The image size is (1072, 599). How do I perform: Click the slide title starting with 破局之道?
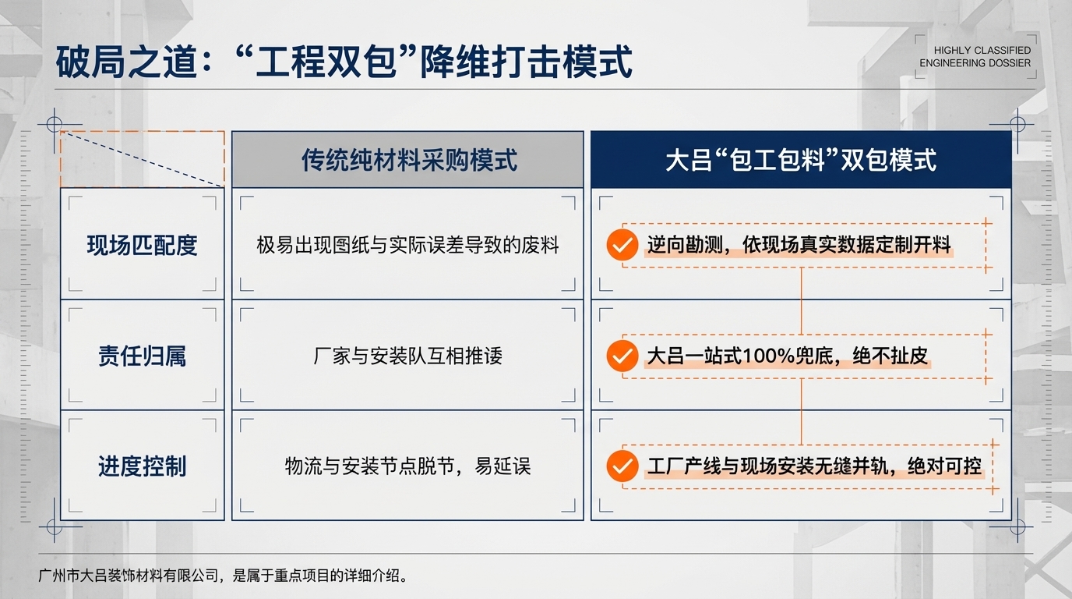pyautogui.click(x=343, y=62)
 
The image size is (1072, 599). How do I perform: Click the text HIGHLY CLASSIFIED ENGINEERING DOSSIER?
pyautogui.click(x=975, y=57)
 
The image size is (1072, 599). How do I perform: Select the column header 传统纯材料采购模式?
pyautogui.click(x=409, y=160)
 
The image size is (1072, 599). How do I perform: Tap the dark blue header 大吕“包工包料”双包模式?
pyautogui.click(x=801, y=160)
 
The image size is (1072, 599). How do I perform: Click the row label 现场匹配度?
pyautogui.click(x=142, y=245)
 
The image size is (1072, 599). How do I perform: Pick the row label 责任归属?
pyautogui.click(x=142, y=356)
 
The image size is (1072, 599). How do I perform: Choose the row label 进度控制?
pyautogui.click(x=142, y=466)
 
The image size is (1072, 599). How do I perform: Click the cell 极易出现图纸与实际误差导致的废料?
pyautogui.click(x=407, y=245)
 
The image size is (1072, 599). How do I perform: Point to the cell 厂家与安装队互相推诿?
pyautogui.click(x=407, y=356)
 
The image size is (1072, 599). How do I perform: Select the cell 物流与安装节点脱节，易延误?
pyautogui.click(x=407, y=466)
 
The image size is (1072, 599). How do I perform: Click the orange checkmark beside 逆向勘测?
pyautogui.click(x=621, y=245)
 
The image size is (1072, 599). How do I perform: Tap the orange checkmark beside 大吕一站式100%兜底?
pyautogui.click(x=621, y=356)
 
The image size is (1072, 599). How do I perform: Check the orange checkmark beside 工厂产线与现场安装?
pyautogui.click(x=621, y=466)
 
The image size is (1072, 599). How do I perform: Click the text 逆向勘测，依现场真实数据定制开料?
pyautogui.click(x=799, y=245)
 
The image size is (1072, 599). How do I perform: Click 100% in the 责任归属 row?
pyautogui.click(x=769, y=356)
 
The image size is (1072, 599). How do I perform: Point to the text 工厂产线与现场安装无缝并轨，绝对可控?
pyautogui.click(x=814, y=466)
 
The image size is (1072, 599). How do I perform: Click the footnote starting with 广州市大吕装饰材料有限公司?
pyautogui.click(x=223, y=576)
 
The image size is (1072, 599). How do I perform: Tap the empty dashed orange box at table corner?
pyautogui.click(x=142, y=159)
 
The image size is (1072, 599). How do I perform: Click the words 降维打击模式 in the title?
pyautogui.click(x=526, y=62)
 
